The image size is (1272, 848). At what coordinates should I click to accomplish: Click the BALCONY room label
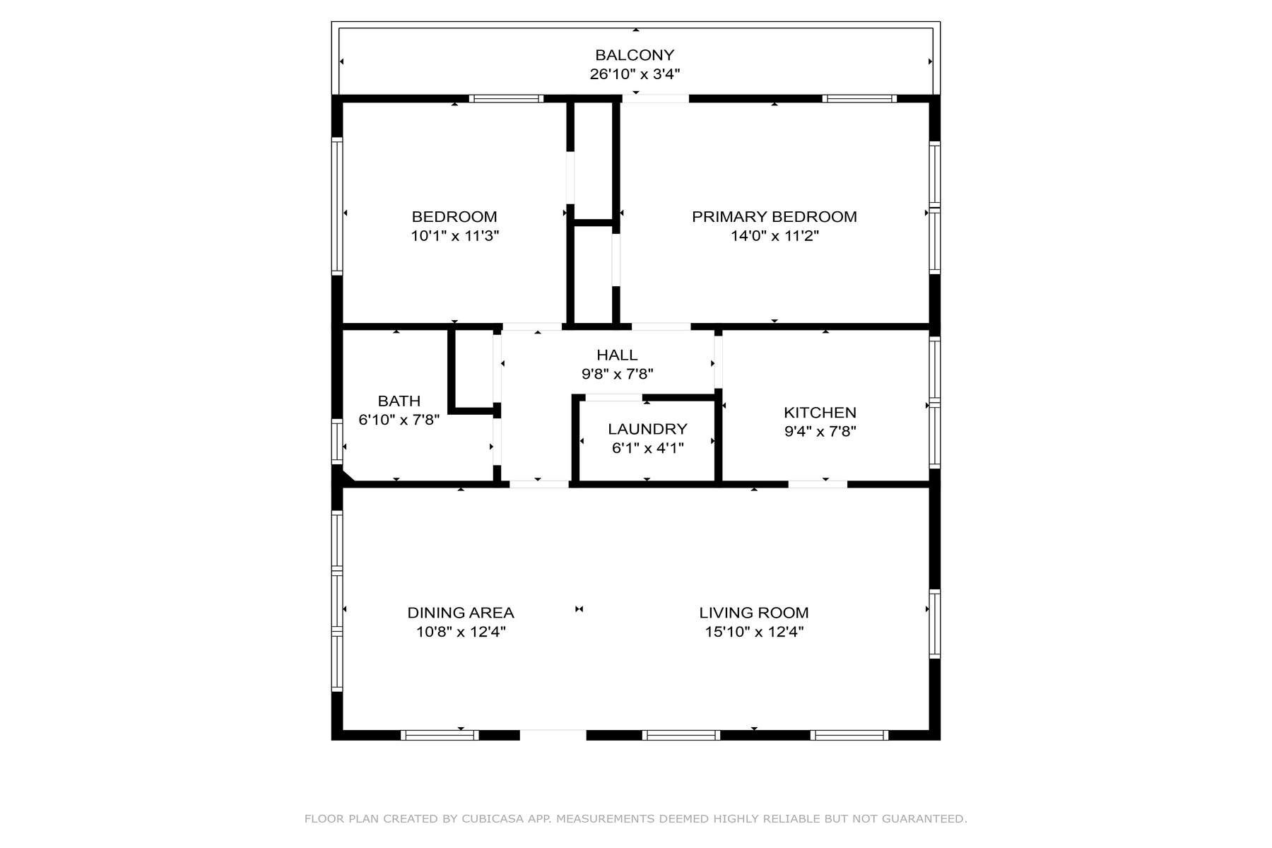coord(635,55)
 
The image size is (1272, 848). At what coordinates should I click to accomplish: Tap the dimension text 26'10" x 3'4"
coord(635,74)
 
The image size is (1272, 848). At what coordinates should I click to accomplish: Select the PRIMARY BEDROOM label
coord(774,217)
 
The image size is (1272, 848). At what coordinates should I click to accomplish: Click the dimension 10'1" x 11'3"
coord(454,236)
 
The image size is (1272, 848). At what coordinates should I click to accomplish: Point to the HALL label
coord(616,355)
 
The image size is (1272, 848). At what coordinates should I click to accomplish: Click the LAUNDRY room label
coord(647,429)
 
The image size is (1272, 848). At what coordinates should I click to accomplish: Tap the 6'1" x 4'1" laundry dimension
coord(647,448)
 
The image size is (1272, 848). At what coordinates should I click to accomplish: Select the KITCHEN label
coord(820,413)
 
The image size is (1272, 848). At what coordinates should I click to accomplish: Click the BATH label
coord(399,401)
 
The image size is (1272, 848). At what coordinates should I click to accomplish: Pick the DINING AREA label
coord(460,613)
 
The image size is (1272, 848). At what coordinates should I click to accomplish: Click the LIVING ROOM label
coord(753,613)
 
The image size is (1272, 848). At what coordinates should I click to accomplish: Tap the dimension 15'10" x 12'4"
coord(753,632)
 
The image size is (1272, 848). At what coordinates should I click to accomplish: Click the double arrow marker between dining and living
coord(579,609)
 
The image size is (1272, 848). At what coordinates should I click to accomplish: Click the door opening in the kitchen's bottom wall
coord(818,484)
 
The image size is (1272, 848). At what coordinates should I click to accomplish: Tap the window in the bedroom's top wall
coord(506,99)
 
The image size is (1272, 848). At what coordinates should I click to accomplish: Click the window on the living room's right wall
coord(935,624)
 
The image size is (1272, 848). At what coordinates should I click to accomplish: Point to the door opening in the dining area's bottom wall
coord(553,735)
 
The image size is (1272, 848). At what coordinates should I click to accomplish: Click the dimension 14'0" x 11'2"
coord(774,236)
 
